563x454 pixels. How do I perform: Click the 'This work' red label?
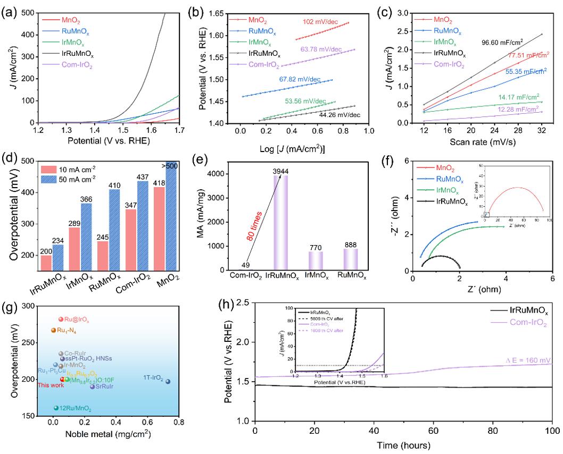coord(47,385)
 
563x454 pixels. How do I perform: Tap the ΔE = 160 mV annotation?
coord(520,360)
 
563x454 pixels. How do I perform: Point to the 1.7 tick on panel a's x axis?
coord(180,130)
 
